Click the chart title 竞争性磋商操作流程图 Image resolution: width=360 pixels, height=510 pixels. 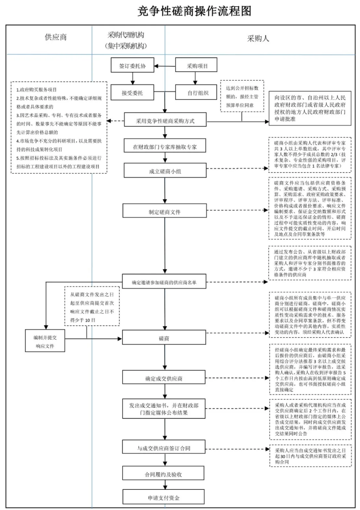coord(194,11)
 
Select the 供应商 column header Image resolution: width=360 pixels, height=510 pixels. coord(56,37)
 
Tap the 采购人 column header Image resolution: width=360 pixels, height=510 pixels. coord(258,38)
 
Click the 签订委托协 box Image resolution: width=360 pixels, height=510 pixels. coord(132,66)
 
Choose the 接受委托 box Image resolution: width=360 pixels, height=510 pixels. coord(132,93)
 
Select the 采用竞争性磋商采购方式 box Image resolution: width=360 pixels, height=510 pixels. coord(165,121)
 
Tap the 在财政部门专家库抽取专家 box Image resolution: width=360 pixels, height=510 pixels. coord(164,146)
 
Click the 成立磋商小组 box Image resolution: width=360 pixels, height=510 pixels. coord(164,171)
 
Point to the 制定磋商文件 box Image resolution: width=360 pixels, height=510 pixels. coord(164,211)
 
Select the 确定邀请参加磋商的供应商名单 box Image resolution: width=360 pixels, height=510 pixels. coord(164,282)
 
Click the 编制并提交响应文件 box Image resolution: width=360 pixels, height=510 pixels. coord(45,342)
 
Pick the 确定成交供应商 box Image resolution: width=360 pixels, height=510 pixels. coord(164,378)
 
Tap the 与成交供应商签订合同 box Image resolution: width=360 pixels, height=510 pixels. coord(164,448)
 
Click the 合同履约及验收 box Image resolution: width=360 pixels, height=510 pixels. coord(163,474)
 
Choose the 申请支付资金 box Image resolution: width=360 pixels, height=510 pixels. coord(163,497)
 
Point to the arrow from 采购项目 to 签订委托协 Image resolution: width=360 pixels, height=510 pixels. coord(165,66)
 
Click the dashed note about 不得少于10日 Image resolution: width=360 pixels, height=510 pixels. coord(92,307)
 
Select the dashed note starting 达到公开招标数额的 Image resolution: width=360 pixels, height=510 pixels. coord(242,96)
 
